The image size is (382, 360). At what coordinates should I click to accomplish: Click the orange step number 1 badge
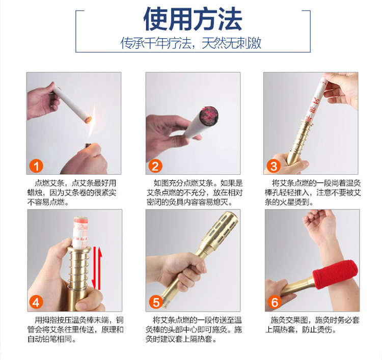point(36,166)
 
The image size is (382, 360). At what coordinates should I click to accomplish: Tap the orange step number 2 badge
point(155,166)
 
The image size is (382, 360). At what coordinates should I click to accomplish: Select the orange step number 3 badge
point(274,166)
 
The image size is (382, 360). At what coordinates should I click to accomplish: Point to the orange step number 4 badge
point(36,302)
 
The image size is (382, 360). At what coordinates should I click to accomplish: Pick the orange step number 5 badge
point(156,302)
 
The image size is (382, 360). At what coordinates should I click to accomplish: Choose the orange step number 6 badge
point(275,302)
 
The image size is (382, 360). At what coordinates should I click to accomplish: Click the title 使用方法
point(193,19)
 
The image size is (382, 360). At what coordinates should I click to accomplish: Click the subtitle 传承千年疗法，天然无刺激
point(191,43)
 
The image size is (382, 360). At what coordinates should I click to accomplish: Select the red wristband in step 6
point(335,274)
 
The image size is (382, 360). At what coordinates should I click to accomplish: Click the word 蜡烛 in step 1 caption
point(35,192)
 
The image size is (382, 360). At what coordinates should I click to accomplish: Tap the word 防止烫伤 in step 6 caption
point(317,329)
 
